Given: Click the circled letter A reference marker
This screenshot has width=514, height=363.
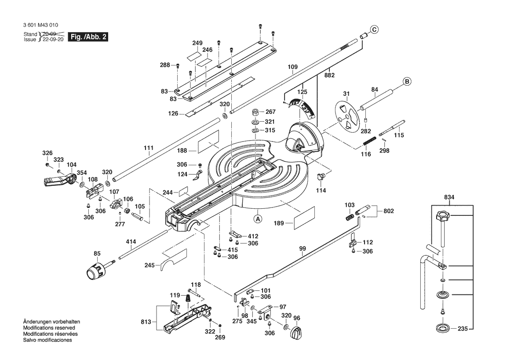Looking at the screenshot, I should click(258, 218).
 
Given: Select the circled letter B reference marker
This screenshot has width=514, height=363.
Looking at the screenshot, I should click(407, 81).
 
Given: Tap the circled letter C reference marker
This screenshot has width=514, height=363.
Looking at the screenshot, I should click(374, 30).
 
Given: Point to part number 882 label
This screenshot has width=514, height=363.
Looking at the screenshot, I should click(330, 75).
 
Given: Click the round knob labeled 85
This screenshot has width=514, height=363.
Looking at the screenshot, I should click(95, 270).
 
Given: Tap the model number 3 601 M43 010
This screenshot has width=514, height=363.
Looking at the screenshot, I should click(40, 26).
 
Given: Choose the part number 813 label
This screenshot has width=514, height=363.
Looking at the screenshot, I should click(146, 322).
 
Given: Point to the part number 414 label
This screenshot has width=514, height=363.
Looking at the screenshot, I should click(131, 242).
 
